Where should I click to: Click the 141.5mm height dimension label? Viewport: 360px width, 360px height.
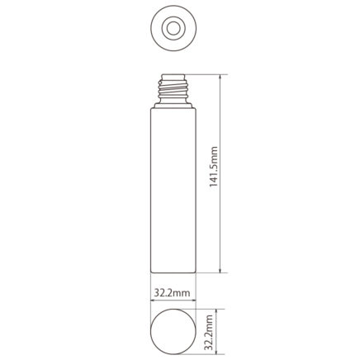tap(214, 167)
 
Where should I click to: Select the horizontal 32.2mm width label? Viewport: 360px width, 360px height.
tap(172, 293)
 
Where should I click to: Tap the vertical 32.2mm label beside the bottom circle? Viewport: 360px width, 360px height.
tap(209, 332)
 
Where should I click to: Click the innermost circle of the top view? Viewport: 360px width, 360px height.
tap(173, 28)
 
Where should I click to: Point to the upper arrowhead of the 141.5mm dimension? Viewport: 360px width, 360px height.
tap(220, 77)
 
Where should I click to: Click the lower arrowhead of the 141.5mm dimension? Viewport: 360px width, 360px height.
tap(220, 270)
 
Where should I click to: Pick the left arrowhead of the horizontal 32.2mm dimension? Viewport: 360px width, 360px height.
tap(153, 300)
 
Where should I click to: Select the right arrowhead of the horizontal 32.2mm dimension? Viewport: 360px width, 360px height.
tap(193, 300)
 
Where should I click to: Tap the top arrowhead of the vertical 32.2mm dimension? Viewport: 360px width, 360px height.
tap(217, 311)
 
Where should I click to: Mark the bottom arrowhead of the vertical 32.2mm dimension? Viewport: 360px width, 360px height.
tap(217, 352)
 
